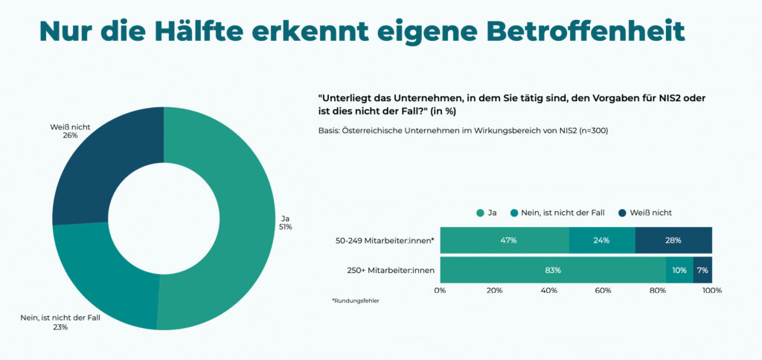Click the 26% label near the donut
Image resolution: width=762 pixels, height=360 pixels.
click(71, 136)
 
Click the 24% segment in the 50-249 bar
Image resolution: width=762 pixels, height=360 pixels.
click(602, 240)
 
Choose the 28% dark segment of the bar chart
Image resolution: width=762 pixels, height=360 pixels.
click(673, 240)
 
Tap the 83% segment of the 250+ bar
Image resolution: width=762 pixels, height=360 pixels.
click(553, 270)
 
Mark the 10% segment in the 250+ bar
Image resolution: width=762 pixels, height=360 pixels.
click(679, 270)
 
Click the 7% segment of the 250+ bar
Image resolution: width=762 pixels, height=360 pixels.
click(702, 270)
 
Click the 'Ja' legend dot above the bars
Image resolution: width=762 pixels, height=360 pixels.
click(479, 213)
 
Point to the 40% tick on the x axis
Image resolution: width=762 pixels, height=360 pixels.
click(549, 290)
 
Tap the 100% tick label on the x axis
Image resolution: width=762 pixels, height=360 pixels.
click(711, 290)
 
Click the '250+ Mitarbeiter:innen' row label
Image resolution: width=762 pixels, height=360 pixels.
click(389, 270)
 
